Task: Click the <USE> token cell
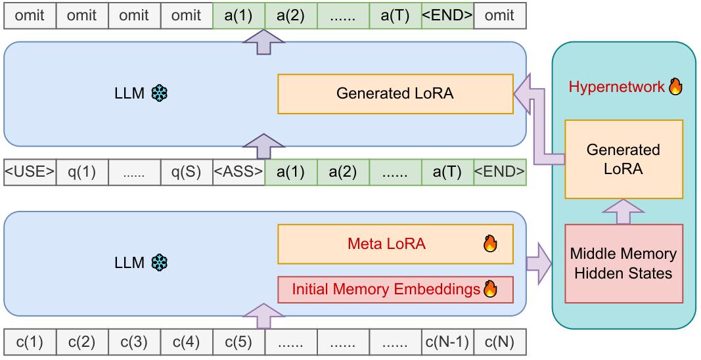click(30, 172)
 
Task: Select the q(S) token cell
click(186, 172)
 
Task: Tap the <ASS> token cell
click(238, 172)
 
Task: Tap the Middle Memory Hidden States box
click(623, 263)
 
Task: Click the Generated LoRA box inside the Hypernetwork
click(623, 159)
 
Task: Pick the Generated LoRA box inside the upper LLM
click(395, 93)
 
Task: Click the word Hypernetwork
click(616, 87)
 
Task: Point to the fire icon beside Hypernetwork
click(675, 87)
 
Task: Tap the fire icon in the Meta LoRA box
click(490, 244)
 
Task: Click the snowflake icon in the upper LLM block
click(159, 93)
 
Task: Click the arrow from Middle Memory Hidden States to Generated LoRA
click(623, 212)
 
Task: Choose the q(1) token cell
click(81, 172)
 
